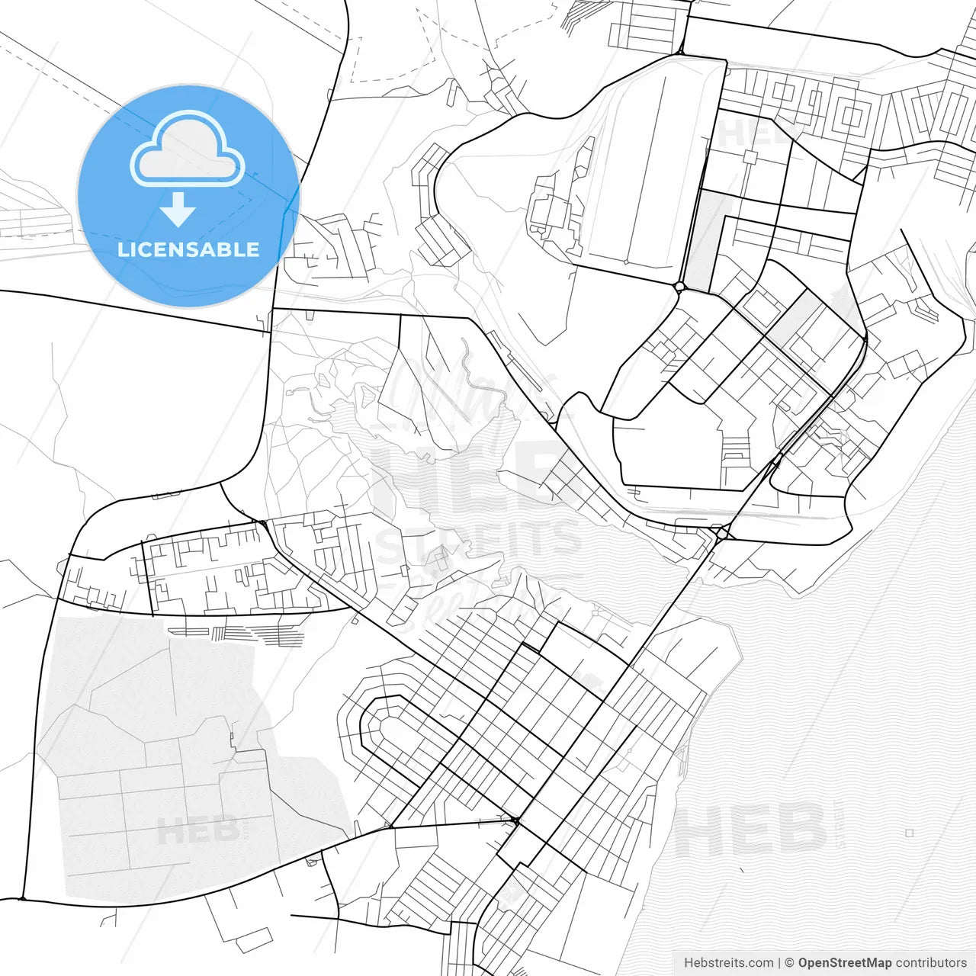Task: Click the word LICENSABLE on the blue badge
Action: pyautogui.click(x=188, y=249)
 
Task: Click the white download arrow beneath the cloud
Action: pyautogui.click(x=178, y=210)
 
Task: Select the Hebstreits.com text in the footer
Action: pyautogui.click(x=728, y=963)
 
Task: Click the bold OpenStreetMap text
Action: pyautogui.click(x=845, y=963)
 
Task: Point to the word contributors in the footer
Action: pyautogui.click(x=931, y=963)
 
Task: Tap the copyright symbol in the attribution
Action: pyautogui.click(x=790, y=963)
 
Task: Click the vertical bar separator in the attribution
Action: pyautogui.click(x=779, y=963)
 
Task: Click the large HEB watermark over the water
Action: pyautogui.click(x=751, y=829)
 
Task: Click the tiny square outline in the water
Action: pyautogui.click(x=909, y=833)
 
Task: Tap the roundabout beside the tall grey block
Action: pyautogui.click(x=679, y=287)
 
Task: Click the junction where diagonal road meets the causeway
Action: pyautogui.click(x=721, y=534)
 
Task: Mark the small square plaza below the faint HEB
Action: pyautogui.click(x=750, y=157)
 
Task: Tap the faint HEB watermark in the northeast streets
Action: pyautogui.click(x=751, y=133)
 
